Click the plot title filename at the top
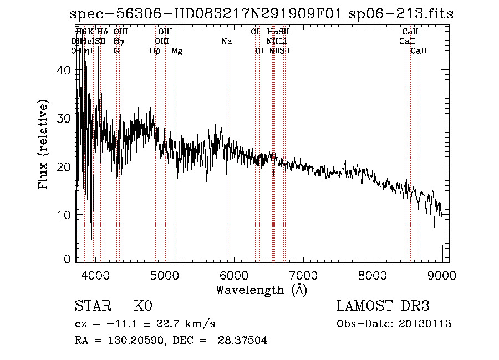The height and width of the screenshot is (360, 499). [262, 14]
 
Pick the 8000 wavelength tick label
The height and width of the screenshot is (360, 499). [372, 275]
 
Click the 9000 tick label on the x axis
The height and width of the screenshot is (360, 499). [441, 275]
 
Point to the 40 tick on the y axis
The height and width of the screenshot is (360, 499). [65, 70]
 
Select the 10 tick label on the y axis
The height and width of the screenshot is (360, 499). [65, 215]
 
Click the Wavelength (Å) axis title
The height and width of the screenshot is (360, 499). [261, 290]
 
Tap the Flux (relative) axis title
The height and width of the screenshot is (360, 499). [43, 144]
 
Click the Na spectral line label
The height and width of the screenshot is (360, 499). [226, 42]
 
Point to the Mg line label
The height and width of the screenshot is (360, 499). [177, 51]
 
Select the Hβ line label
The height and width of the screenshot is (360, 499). [155, 51]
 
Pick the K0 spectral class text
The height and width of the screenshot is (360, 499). [143, 306]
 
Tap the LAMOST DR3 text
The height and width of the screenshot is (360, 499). [383, 306]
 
